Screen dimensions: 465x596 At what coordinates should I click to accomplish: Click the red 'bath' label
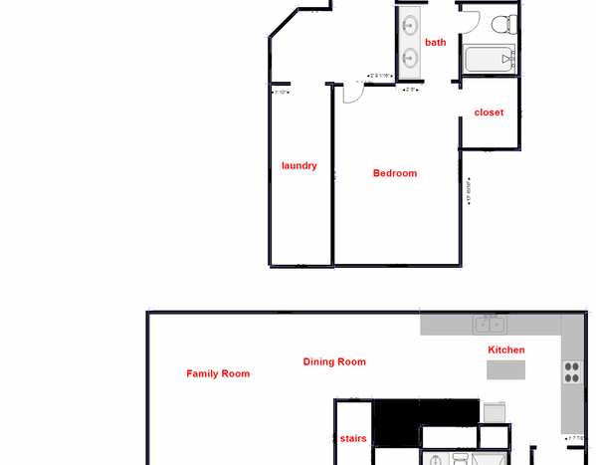pyautogui.click(x=436, y=42)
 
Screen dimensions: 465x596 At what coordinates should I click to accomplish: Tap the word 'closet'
pyautogui.click(x=489, y=113)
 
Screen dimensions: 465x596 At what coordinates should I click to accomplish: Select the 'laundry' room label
pyautogui.click(x=298, y=165)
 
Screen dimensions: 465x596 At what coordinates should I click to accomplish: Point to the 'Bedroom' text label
pyautogui.click(x=395, y=173)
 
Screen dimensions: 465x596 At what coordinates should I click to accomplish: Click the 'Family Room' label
pyautogui.click(x=218, y=374)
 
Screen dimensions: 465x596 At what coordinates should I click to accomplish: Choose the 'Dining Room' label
pyautogui.click(x=334, y=362)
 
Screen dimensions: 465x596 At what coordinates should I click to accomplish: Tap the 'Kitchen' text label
pyautogui.click(x=505, y=350)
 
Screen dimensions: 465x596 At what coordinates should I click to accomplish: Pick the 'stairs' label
pyautogui.click(x=353, y=438)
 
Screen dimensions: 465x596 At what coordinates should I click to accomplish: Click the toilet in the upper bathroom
pyautogui.click(x=506, y=22)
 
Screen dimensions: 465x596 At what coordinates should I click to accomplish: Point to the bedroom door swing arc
pyautogui.click(x=351, y=93)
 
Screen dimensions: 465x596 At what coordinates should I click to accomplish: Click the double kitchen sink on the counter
pyautogui.click(x=489, y=324)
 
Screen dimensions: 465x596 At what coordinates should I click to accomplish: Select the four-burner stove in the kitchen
pyautogui.click(x=573, y=372)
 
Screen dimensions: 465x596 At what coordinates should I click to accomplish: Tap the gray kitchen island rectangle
pyautogui.click(x=505, y=369)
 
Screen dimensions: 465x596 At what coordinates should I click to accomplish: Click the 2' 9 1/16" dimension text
pyautogui.click(x=380, y=76)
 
